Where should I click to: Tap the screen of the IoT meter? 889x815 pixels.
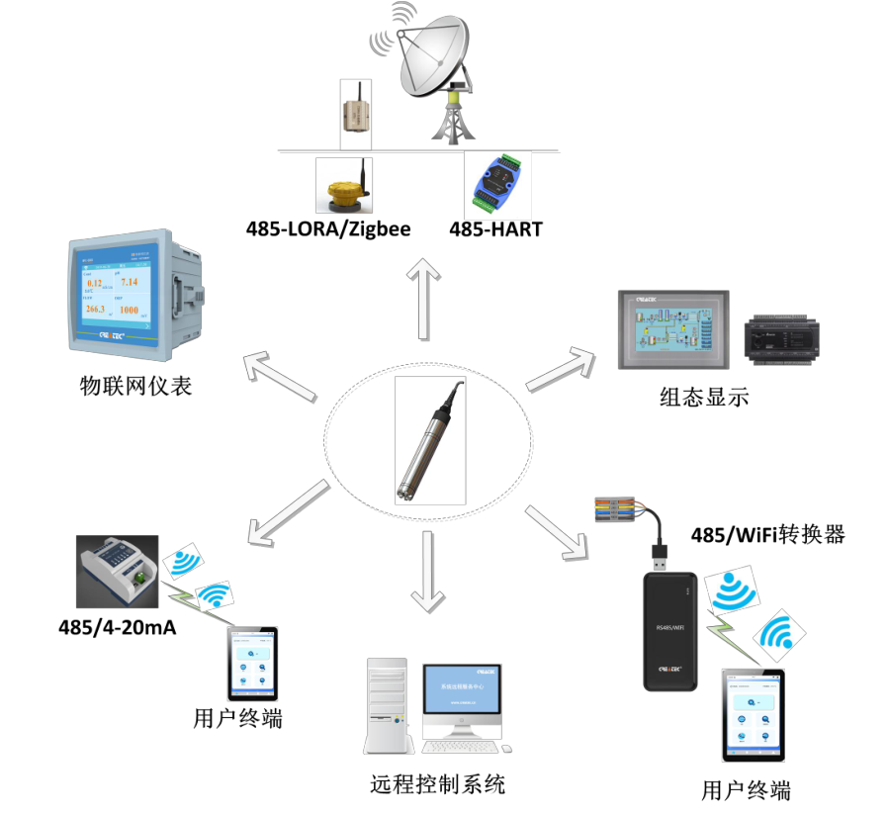click(x=112, y=296)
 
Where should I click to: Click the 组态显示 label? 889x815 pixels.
click(x=704, y=398)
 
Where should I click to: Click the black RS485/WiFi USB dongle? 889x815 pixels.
click(x=669, y=631)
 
